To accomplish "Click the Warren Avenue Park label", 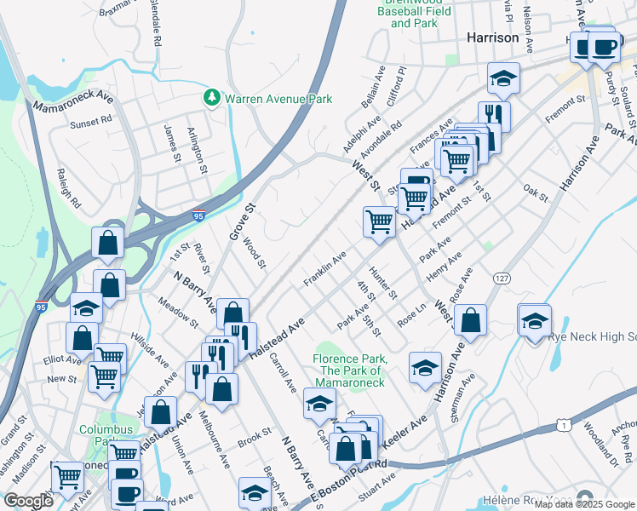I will (278, 100).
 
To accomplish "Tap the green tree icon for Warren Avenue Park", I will (212, 99).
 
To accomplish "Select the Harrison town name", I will (492, 38).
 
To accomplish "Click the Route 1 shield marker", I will (563, 424).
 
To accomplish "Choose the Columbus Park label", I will (106, 436).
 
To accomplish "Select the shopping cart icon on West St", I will (379, 221).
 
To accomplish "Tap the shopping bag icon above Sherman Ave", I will (470, 320).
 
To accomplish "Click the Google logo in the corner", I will (29, 500).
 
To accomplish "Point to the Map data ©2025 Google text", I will (583, 504).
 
